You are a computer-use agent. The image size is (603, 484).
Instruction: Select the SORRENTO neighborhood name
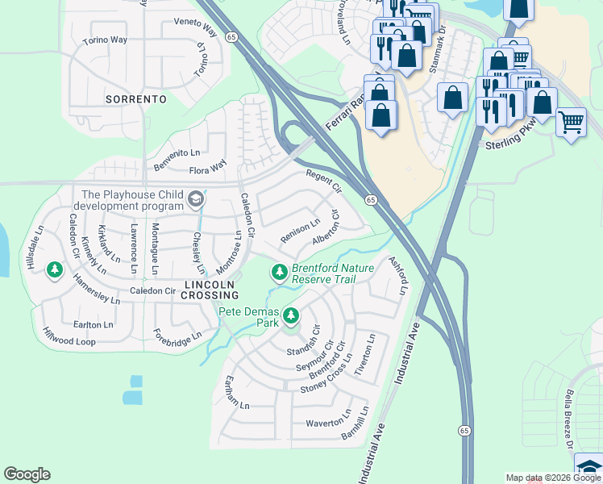(x=135, y=99)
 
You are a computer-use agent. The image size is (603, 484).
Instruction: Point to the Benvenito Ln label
(x=177, y=152)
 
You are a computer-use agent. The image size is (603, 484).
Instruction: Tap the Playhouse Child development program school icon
(x=195, y=198)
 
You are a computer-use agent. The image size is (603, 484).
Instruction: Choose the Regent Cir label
(x=324, y=181)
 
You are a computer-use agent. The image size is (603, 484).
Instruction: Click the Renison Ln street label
(x=300, y=232)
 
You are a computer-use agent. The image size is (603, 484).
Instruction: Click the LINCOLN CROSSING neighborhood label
(x=210, y=290)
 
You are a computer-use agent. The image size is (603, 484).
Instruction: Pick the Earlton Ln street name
(x=93, y=324)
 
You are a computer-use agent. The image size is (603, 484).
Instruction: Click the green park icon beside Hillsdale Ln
(x=55, y=269)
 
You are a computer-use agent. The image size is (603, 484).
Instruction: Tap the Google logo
(x=27, y=474)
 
